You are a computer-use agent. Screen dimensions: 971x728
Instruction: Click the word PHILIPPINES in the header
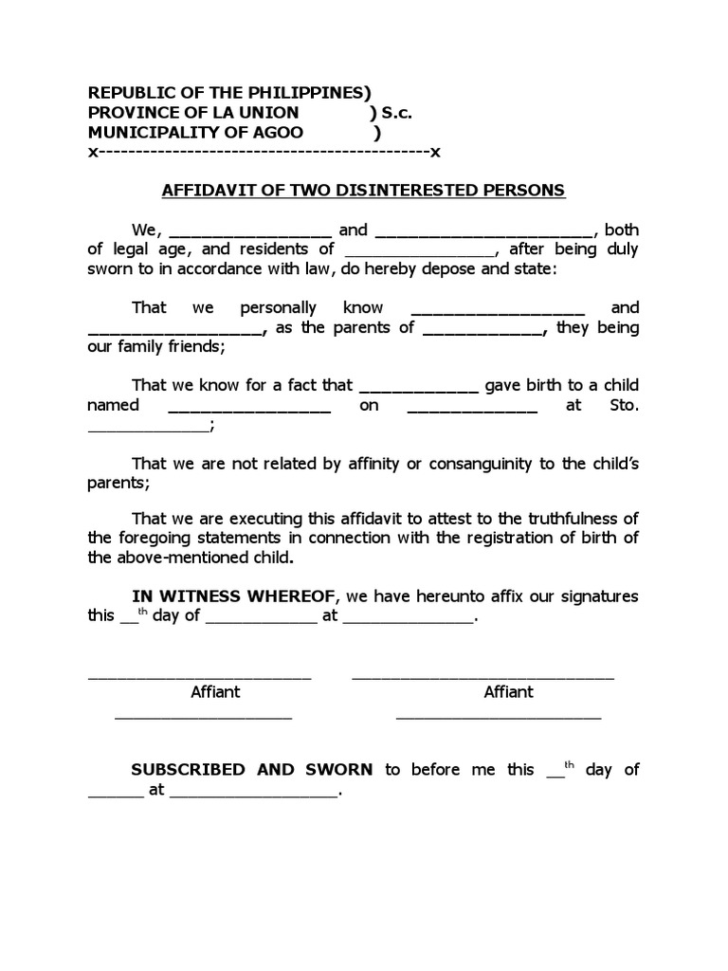(x=304, y=93)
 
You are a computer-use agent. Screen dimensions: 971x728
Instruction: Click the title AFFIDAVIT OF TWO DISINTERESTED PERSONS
(x=363, y=190)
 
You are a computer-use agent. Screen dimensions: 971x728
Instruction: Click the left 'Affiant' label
(x=215, y=692)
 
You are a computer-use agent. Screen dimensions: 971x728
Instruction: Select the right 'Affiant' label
(x=509, y=692)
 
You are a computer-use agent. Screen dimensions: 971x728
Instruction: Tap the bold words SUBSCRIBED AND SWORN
(x=252, y=769)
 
